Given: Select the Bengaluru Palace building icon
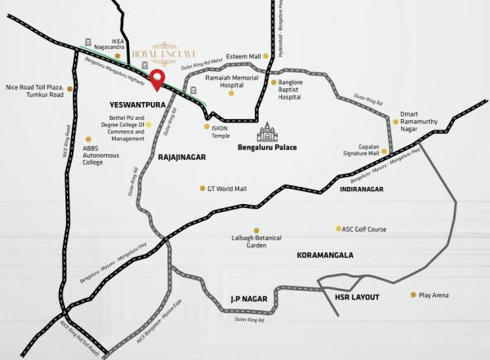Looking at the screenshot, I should point(267,133).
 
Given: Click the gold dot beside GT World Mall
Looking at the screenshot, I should point(203,189).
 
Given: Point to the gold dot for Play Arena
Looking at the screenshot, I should point(412,295).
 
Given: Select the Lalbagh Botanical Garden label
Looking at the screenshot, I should point(252,241).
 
